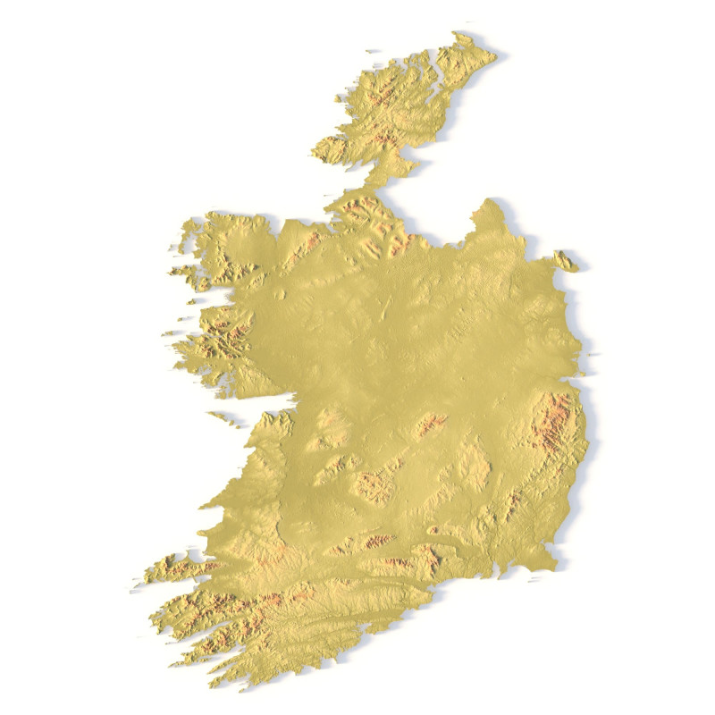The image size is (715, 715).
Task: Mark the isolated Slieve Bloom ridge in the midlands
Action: point(431,424)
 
